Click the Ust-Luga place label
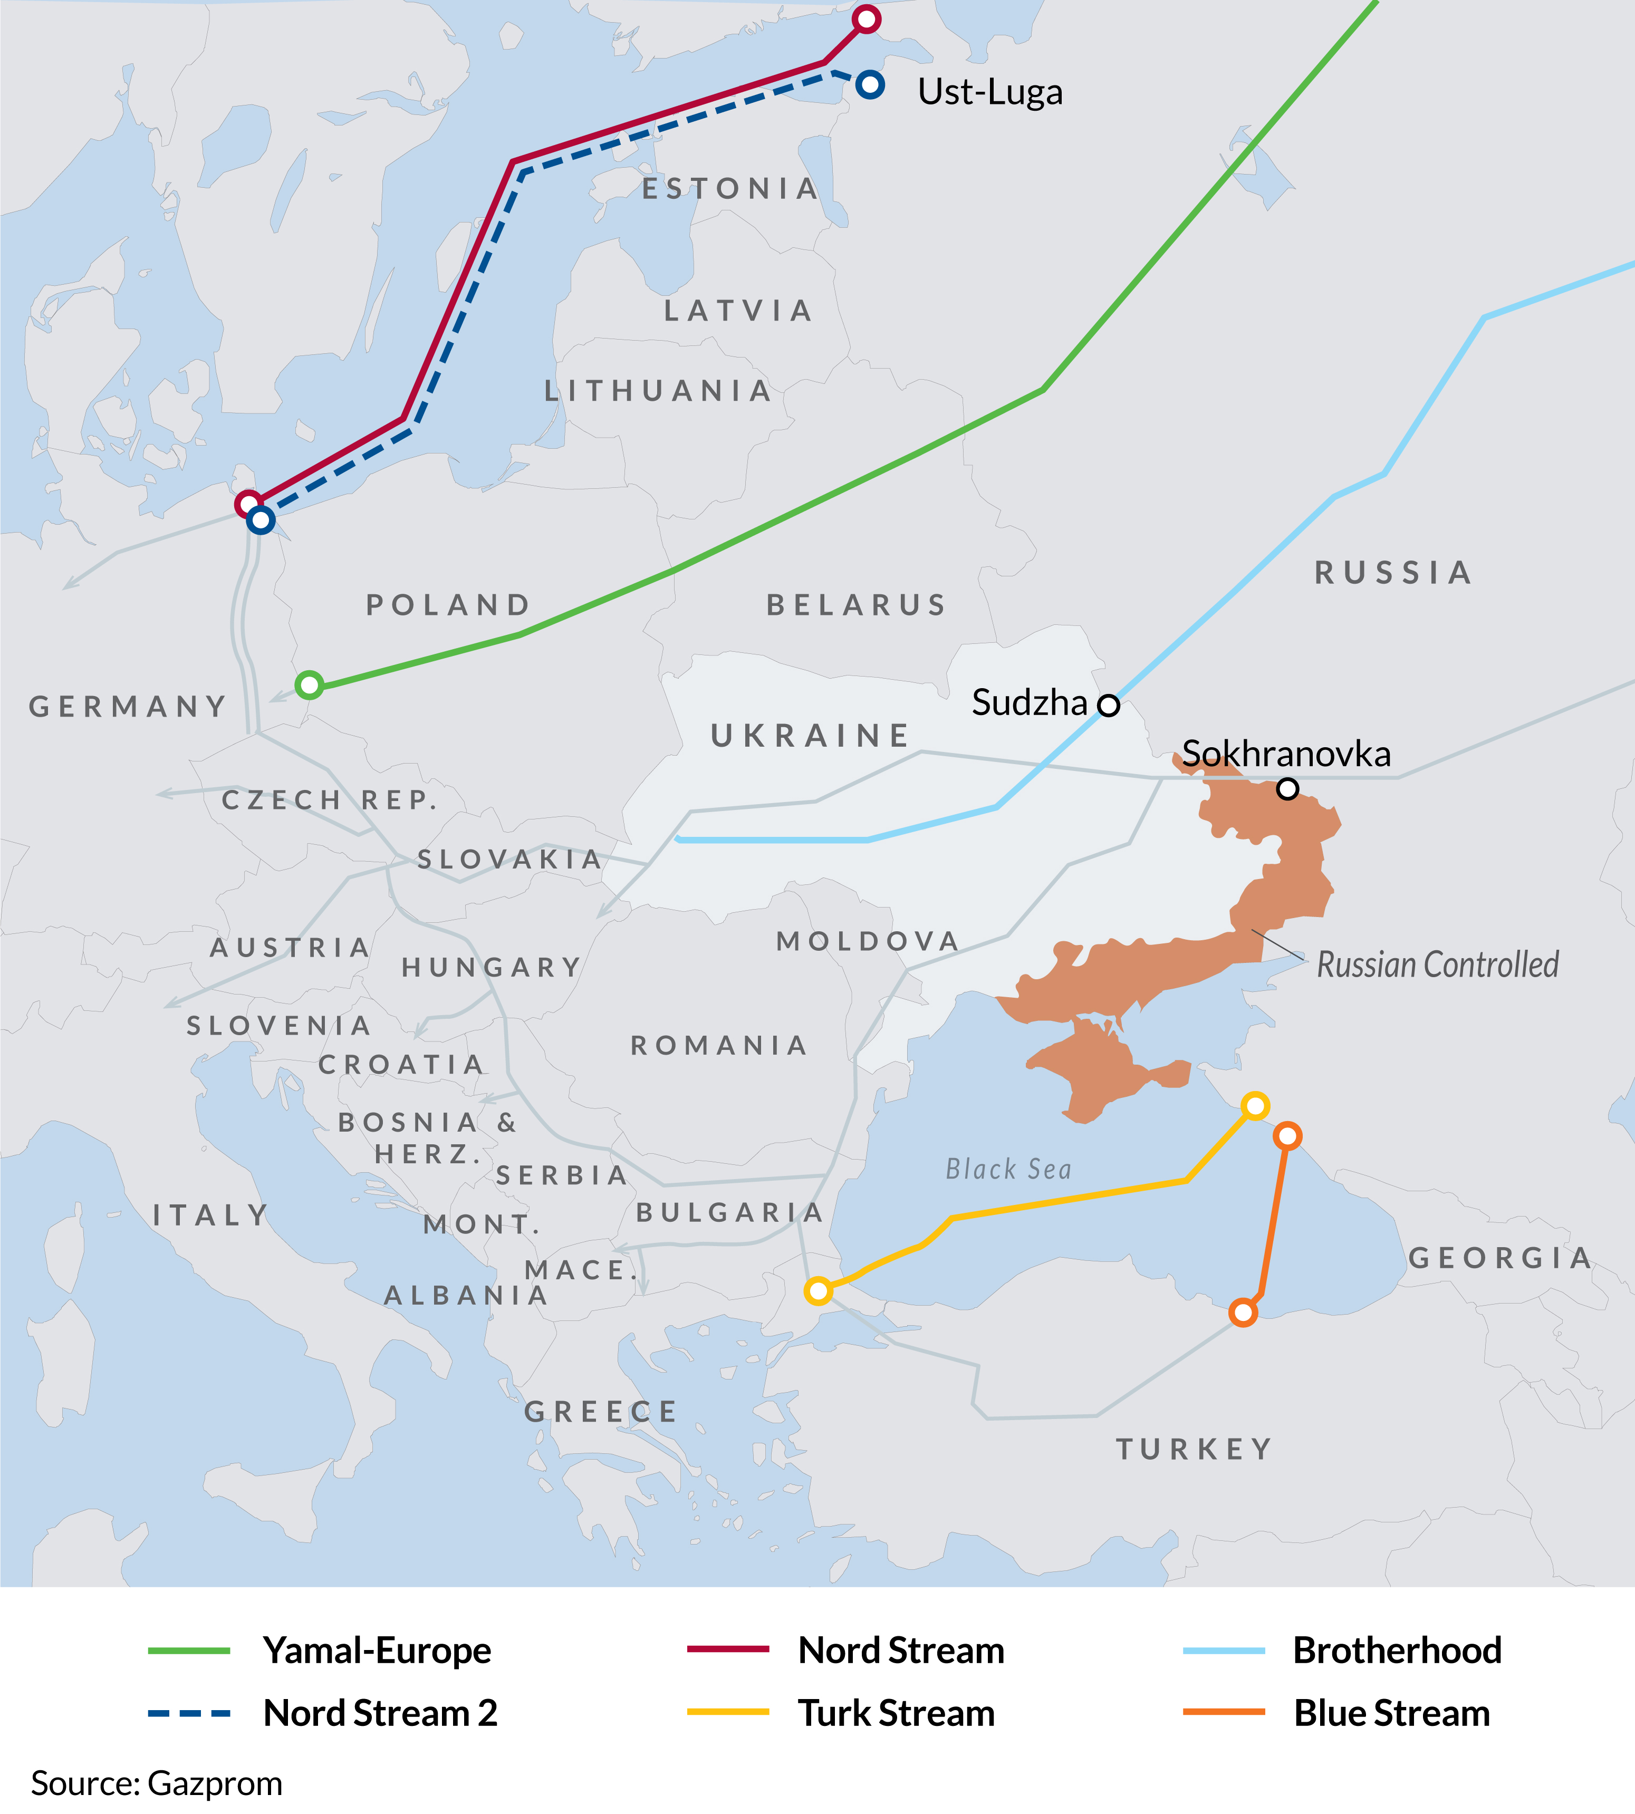pos(990,92)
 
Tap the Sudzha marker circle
pos(1110,705)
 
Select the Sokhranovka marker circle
pos(1287,788)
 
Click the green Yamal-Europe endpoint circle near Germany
pos(309,685)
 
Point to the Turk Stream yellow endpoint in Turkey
pos(818,1291)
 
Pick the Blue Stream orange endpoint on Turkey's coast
pos(1243,1313)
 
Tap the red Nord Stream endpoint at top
pos(866,19)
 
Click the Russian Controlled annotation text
pos(1437,964)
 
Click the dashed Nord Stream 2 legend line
pos(189,1713)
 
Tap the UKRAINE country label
pos(810,736)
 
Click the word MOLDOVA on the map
pos(868,941)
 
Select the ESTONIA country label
pos(730,189)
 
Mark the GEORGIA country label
pos(1501,1257)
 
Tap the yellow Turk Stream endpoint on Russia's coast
pos(1255,1105)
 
